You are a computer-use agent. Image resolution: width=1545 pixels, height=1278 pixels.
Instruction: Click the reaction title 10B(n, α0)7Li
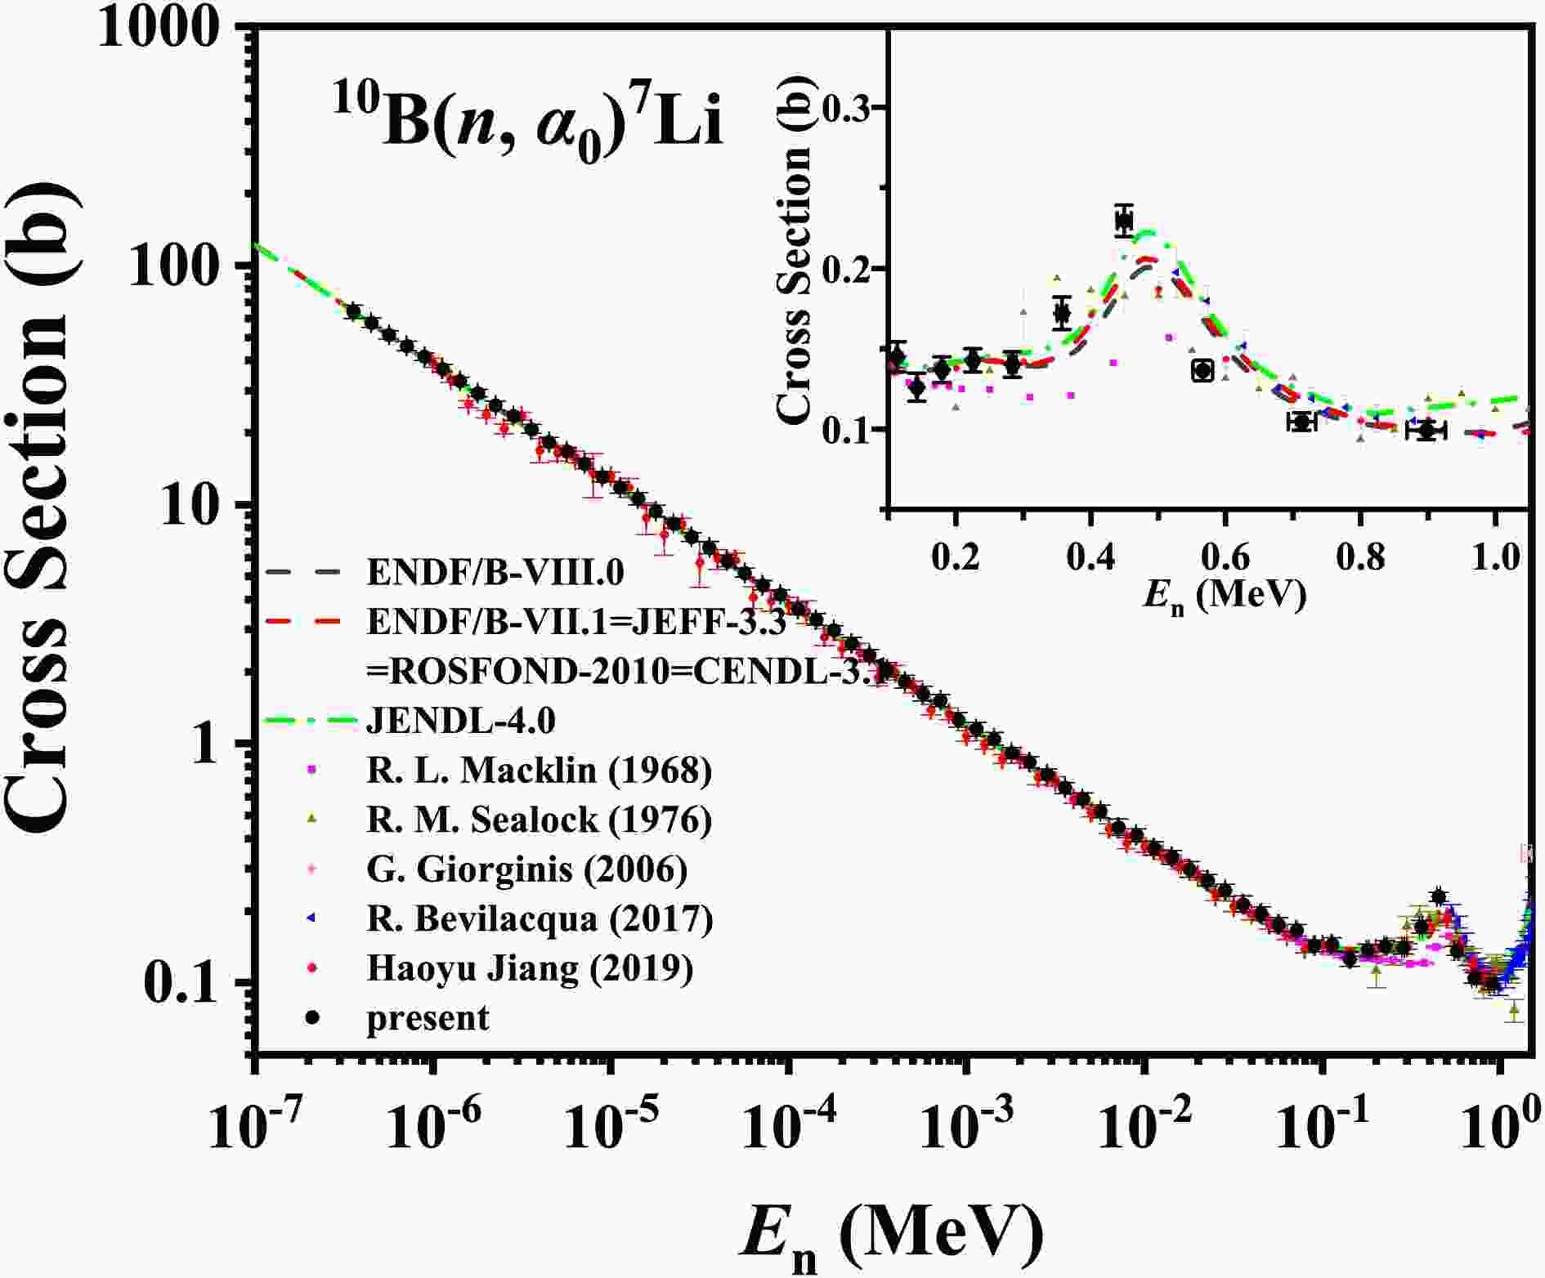point(527,126)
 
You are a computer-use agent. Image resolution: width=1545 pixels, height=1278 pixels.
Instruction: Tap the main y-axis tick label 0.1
point(183,981)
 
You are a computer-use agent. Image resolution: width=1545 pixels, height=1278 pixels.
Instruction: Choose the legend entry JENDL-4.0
point(462,721)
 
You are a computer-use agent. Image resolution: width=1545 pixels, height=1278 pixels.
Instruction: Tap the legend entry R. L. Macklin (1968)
point(540,770)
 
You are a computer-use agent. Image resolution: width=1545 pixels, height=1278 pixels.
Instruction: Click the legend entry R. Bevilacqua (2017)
point(540,918)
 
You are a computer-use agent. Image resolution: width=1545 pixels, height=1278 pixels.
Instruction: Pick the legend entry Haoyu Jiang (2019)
point(531,968)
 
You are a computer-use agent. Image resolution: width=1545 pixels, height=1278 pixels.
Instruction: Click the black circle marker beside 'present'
point(312,1018)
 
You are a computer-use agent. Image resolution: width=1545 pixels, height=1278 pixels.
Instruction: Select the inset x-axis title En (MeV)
point(1224,597)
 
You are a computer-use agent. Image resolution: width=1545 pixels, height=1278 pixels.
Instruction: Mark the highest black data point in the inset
point(1125,220)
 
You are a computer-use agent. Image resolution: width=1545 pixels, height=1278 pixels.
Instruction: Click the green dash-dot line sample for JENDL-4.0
point(311,722)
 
